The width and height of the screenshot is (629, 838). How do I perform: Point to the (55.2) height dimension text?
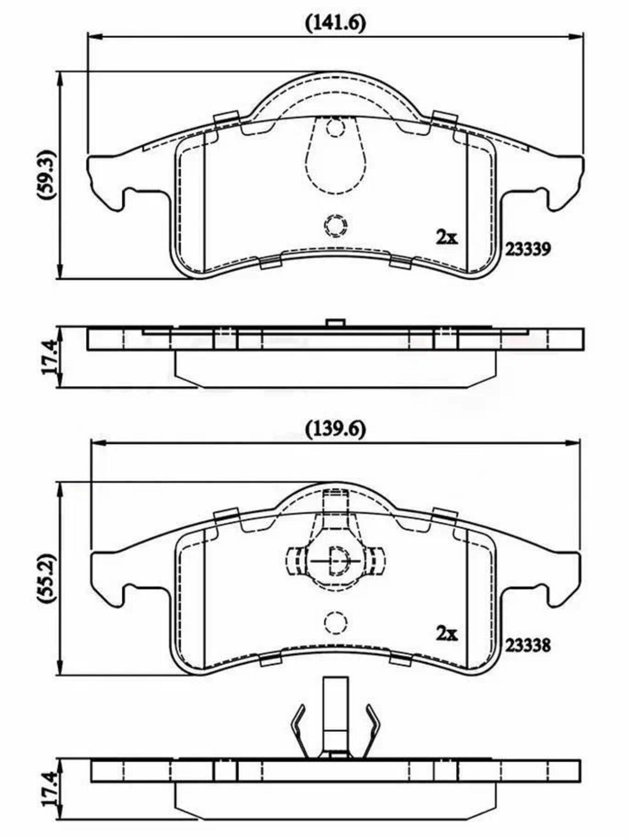tap(46, 579)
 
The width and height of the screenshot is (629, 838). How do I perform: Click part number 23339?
tap(527, 250)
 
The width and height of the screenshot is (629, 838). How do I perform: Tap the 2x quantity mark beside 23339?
tap(448, 238)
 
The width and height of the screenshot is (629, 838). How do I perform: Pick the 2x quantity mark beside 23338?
tap(448, 634)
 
